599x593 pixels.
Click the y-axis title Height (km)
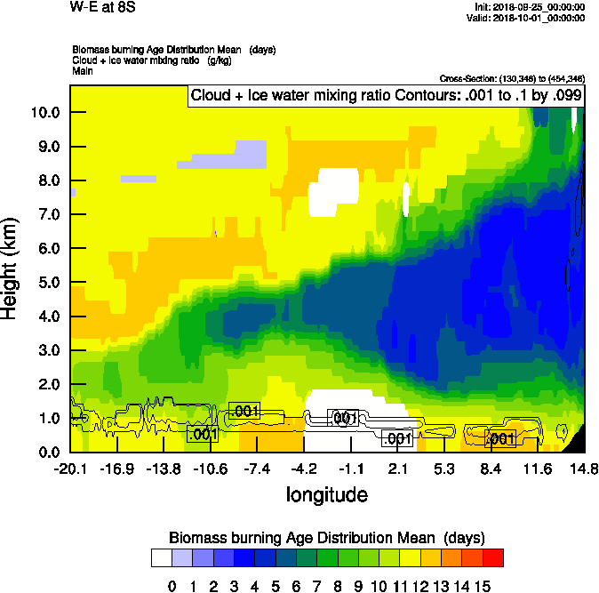click(11, 268)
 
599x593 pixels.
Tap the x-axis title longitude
click(327, 494)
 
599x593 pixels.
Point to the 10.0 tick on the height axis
click(46, 112)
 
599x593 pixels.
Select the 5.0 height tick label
click(46, 282)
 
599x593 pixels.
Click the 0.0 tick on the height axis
click(46, 452)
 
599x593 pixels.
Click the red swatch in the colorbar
click(492, 557)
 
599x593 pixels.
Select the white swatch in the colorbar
click(162, 557)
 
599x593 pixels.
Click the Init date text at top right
click(531, 7)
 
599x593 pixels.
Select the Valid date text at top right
click(529, 18)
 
